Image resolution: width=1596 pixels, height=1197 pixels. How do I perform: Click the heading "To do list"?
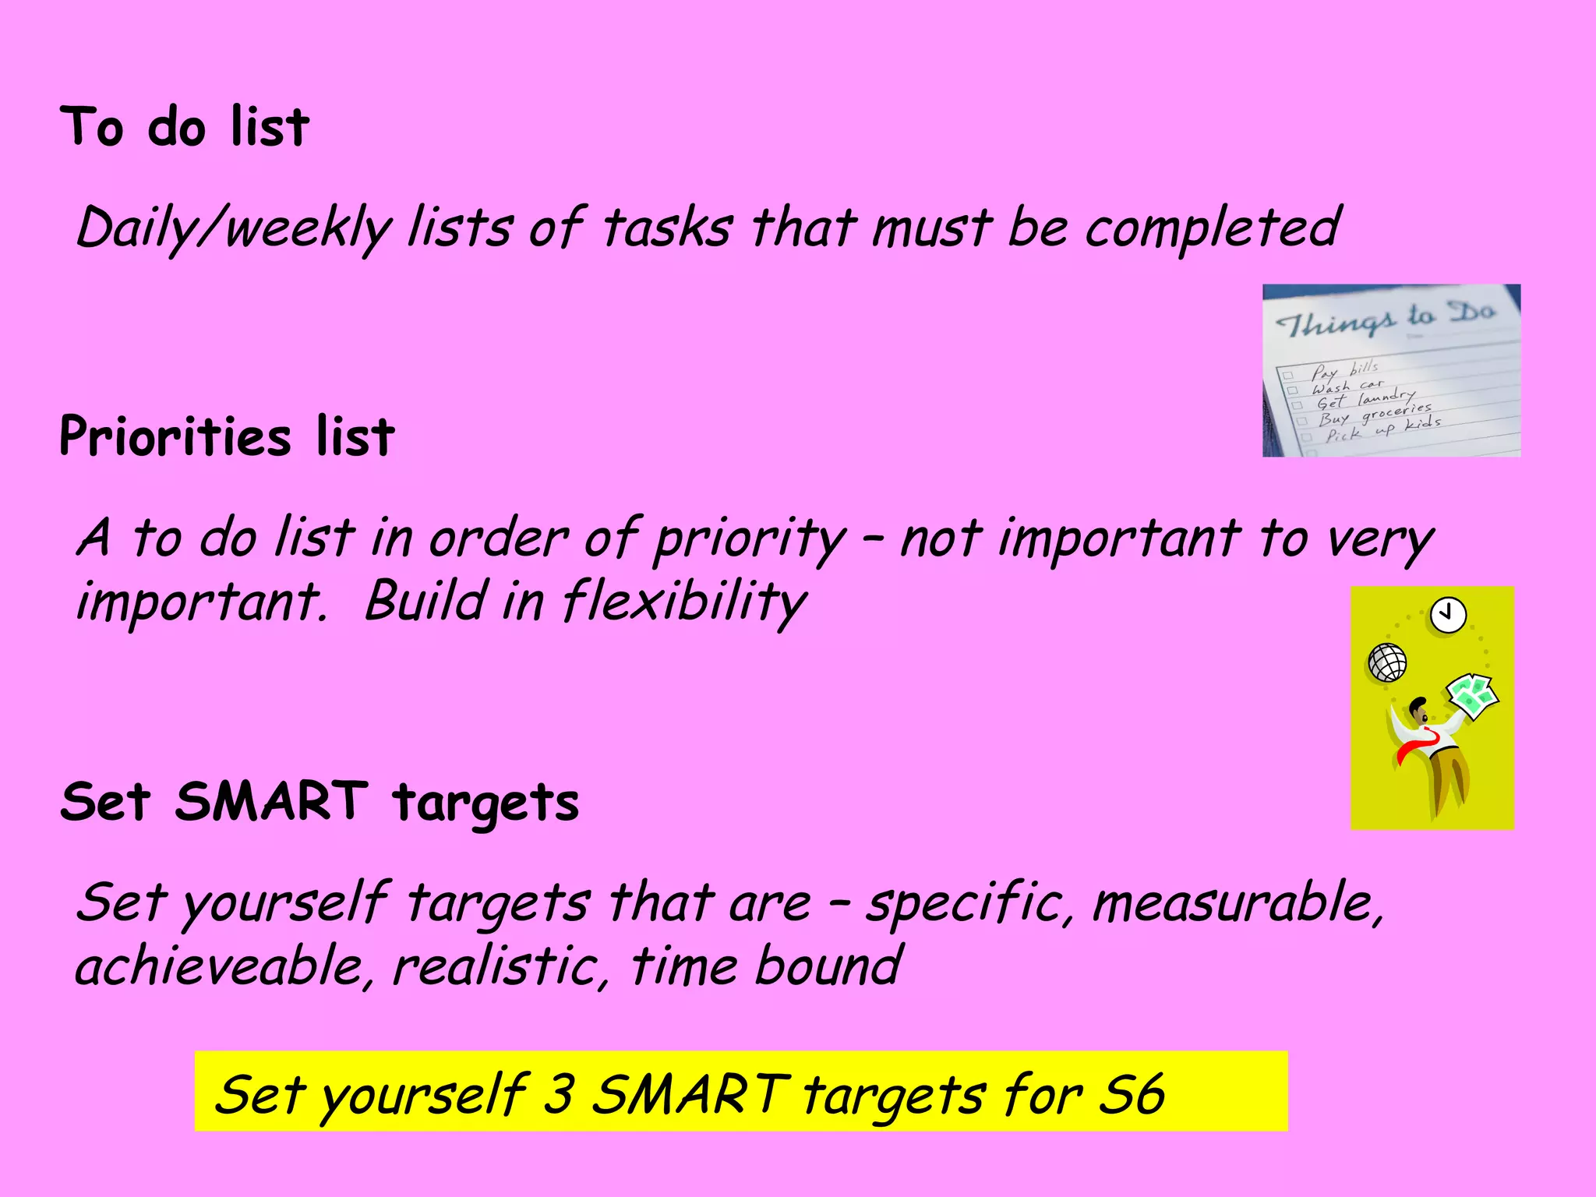(x=185, y=127)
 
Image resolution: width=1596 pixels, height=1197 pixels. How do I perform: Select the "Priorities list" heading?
(x=227, y=436)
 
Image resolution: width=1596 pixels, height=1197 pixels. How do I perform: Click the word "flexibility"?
(x=683, y=602)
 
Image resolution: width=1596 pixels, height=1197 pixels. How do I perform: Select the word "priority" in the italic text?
(x=749, y=539)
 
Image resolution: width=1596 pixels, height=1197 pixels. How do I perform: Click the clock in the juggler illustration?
(x=1448, y=616)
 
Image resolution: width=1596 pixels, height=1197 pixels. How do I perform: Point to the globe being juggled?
(x=1387, y=663)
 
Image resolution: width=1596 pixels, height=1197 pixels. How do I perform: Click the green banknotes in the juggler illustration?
(x=1471, y=695)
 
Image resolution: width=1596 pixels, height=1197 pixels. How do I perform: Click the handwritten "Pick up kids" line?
(x=1383, y=429)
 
